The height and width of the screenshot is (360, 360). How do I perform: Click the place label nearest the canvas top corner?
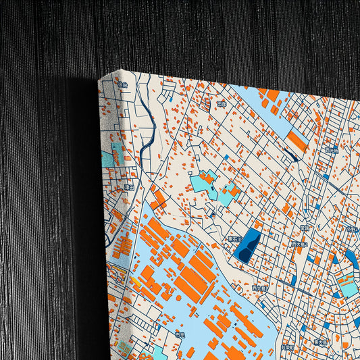click(122, 85)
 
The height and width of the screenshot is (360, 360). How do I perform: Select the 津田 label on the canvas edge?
click(128, 187)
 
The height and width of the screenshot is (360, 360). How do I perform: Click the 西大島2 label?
click(299, 244)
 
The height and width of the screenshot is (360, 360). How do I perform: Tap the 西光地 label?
click(330, 150)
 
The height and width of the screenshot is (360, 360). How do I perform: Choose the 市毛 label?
click(179, 334)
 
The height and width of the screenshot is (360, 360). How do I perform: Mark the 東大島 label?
click(319, 342)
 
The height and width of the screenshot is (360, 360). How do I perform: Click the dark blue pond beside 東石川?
click(249, 245)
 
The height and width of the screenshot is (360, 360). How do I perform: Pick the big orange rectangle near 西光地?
click(297, 141)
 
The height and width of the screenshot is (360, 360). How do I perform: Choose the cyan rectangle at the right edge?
click(349, 286)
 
